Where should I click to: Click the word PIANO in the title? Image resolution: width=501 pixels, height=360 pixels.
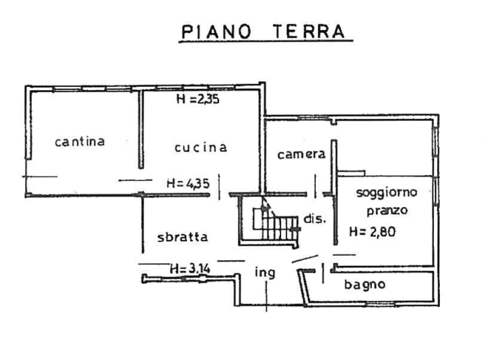pos(216,32)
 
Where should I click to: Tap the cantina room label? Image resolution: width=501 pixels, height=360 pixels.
pos(80,141)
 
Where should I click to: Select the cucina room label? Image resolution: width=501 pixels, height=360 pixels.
pos(201,147)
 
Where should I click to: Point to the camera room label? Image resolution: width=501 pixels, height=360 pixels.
pos(301,154)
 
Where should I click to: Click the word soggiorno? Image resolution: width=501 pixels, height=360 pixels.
pos(387,193)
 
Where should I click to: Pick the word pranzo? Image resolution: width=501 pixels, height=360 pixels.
pos(387,211)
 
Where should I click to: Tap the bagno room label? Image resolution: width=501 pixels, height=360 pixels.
pos(365,284)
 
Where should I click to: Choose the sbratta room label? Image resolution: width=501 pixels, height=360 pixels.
pos(182,237)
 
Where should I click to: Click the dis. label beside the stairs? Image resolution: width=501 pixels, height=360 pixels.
pos(315,219)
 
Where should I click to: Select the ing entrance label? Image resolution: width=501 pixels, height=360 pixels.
pos(265,273)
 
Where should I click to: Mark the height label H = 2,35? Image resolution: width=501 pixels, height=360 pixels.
pos(198,99)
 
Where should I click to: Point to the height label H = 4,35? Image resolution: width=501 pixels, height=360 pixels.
pos(188,184)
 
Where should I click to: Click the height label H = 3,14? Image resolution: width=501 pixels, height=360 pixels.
pos(190,268)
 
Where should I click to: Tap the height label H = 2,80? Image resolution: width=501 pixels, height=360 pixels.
pos(372,232)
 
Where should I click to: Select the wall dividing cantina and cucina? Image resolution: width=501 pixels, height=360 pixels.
pos(141,129)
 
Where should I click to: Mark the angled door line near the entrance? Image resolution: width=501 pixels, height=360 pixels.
pos(305,259)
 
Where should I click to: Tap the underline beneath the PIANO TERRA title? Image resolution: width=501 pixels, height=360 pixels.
pos(266,41)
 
